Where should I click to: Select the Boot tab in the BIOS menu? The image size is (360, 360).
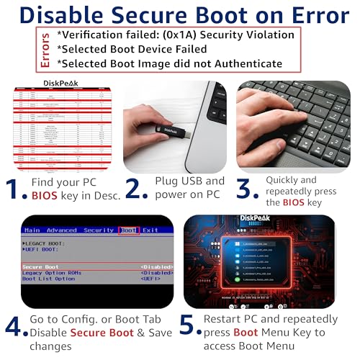click(128, 230)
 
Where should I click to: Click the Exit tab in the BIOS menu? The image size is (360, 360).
click(150, 230)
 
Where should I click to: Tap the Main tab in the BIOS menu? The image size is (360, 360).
click(32, 230)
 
